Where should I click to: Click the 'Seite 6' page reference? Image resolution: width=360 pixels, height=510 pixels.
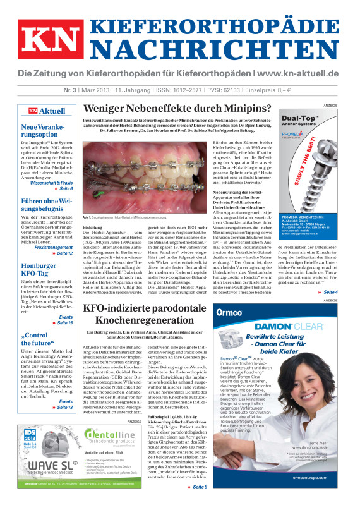[64, 189]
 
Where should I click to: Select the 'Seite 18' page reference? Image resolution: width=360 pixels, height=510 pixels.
[63, 407]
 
